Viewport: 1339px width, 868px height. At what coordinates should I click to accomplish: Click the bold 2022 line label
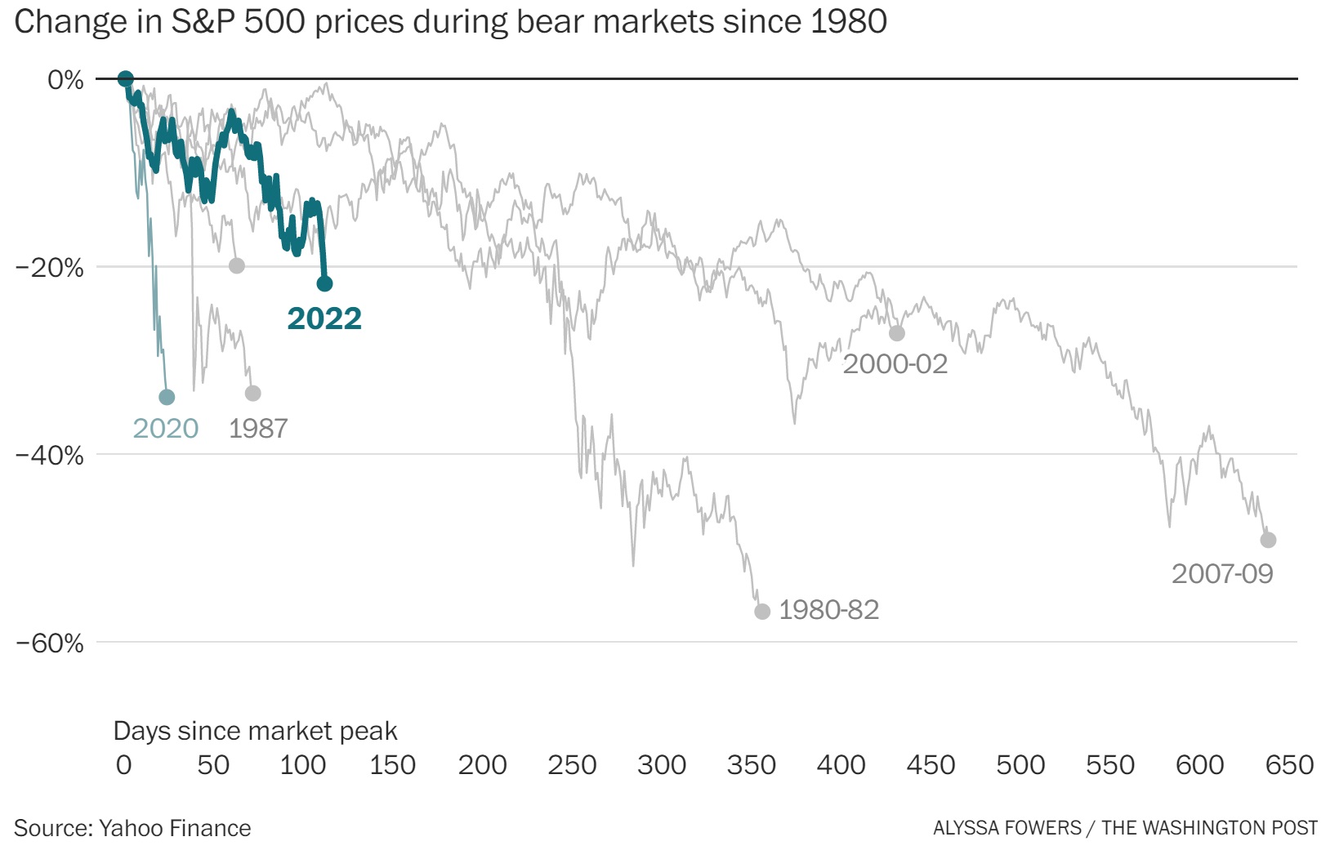pos(324,318)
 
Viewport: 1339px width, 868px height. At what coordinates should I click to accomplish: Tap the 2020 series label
pos(166,428)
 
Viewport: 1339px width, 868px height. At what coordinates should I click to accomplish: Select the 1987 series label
pos(258,428)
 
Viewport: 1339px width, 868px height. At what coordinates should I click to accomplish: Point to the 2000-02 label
pos(895,363)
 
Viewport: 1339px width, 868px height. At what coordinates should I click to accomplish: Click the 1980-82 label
pos(828,610)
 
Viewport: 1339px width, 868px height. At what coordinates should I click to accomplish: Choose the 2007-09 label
pos(1222,573)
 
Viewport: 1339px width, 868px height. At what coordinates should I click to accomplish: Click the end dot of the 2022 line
pos(324,284)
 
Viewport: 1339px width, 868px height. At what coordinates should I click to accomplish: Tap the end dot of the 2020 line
pos(167,397)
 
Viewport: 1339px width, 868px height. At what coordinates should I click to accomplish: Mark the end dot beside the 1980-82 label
pos(762,612)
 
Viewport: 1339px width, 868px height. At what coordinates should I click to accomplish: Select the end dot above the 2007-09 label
pos(1268,540)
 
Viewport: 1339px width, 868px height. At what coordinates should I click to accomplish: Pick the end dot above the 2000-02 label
pos(897,333)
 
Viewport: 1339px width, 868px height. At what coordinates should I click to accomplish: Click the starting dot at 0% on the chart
pos(125,78)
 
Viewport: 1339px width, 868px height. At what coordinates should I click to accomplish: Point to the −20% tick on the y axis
pos(50,267)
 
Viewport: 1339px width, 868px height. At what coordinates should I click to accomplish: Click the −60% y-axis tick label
pos(50,643)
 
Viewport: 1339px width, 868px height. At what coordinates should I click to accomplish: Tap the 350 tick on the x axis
pos(751,765)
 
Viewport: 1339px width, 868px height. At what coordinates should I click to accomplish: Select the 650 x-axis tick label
pos(1289,765)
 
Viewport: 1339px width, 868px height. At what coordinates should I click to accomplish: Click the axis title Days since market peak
pos(255,731)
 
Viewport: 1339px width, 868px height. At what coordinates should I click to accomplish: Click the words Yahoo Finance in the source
pos(175,828)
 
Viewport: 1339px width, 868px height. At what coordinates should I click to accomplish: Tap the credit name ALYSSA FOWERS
pos(1006,828)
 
